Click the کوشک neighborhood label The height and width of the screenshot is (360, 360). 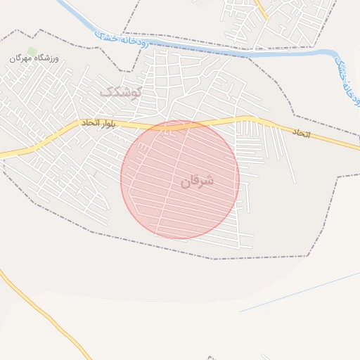[121, 91]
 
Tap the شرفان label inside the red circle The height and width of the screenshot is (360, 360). [196, 181]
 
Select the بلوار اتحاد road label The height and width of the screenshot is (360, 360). [98, 123]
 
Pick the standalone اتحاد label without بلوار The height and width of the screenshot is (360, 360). [301, 132]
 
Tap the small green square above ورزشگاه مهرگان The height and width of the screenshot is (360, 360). [32, 51]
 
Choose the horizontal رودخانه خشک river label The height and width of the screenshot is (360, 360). [126, 39]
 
